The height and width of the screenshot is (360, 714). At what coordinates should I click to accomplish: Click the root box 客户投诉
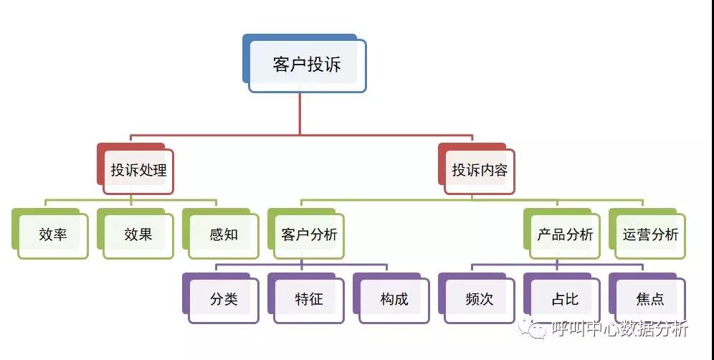pyautogui.click(x=307, y=65)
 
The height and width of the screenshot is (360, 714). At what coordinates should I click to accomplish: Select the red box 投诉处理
pyautogui.click(x=138, y=171)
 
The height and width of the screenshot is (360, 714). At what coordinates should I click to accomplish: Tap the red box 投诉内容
pyautogui.click(x=480, y=171)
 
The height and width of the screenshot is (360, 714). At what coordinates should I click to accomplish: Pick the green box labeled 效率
pyautogui.click(x=53, y=235)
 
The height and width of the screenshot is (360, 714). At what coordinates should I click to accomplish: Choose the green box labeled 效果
pyautogui.click(x=138, y=235)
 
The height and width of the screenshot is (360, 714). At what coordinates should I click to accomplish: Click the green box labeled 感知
pyautogui.click(x=224, y=235)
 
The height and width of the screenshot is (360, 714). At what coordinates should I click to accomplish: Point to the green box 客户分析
pyautogui.click(x=309, y=235)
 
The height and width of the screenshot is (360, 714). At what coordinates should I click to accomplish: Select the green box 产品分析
pyautogui.click(x=565, y=235)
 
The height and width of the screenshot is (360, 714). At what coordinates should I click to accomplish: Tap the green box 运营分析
pyautogui.click(x=650, y=235)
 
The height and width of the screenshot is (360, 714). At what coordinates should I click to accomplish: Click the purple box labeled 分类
pyautogui.click(x=224, y=299)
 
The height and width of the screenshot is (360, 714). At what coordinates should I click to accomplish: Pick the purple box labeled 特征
pyautogui.click(x=309, y=299)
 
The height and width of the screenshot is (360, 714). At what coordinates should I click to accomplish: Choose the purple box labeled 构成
pyautogui.click(x=394, y=299)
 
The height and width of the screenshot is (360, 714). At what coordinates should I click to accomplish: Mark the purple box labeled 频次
pyautogui.click(x=480, y=299)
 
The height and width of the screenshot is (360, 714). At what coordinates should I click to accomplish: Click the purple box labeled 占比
pyautogui.click(x=565, y=299)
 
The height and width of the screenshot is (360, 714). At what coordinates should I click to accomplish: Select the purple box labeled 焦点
pyautogui.click(x=650, y=299)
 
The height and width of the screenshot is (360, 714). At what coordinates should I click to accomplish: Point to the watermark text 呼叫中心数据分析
pyautogui.click(x=620, y=329)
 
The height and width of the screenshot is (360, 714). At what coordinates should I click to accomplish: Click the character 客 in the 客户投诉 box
pyautogui.click(x=281, y=65)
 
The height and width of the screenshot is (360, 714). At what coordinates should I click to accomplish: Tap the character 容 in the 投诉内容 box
pyautogui.click(x=500, y=171)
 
